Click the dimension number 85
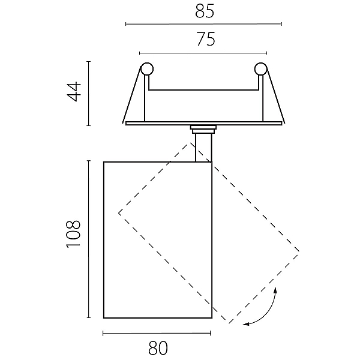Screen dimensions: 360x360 click(205, 11)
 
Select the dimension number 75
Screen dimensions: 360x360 click(206, 39)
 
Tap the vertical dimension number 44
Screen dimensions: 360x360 click(74, 91)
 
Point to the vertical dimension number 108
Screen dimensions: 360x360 click(73, 234)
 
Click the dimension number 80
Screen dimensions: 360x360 click(158, 348)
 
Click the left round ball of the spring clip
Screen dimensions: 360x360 click(147, 68)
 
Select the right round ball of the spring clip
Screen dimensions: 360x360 click(261, 68)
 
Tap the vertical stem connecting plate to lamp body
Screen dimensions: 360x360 click(203, 148)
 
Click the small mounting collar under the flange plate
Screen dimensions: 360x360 click(203, 129)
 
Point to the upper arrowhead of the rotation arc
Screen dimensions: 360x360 click(275, 290)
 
